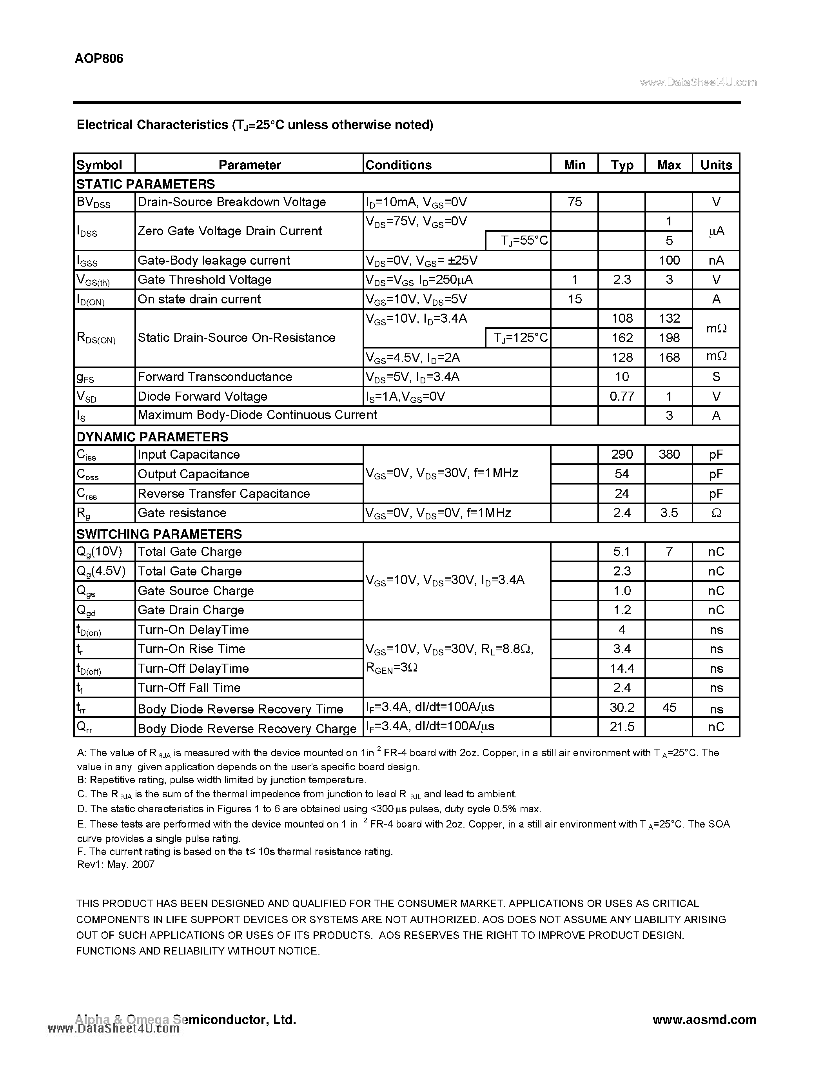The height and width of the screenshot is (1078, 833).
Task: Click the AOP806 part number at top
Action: (99, 59)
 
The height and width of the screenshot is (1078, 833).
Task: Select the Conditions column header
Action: (398, 165)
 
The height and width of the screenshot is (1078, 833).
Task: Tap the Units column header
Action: (716, 165)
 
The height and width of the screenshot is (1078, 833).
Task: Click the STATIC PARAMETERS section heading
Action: (145, 184)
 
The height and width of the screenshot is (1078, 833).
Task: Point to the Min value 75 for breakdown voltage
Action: (574, 202)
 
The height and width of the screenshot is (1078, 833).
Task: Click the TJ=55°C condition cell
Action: (524, 240)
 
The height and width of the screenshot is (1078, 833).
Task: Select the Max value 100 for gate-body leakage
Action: (669, 260)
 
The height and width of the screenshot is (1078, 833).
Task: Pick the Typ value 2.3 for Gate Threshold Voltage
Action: (622, 279)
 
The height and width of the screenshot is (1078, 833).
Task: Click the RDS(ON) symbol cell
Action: (96, 338)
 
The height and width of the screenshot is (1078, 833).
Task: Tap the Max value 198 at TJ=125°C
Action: (669, 338)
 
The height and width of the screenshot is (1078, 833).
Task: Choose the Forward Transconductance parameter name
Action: (215, 377)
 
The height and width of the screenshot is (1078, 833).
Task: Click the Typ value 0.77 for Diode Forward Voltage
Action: (622, 396)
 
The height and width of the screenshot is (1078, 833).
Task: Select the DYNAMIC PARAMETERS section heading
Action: (152, 437)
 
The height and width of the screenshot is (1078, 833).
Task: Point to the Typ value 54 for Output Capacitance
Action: (622, 474)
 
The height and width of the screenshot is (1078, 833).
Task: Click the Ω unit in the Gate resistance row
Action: (716, 513)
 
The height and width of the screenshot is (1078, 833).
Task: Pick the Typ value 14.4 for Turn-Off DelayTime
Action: (622, 668)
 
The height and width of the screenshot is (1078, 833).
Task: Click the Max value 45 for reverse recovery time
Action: (669, 707)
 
